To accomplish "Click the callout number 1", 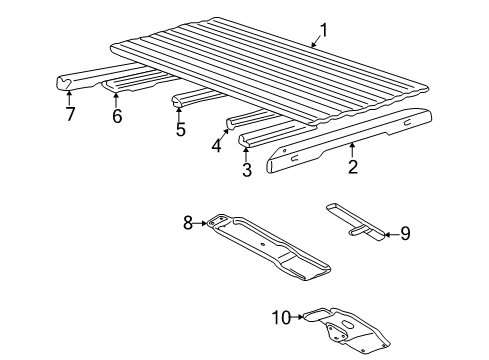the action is point(323,31).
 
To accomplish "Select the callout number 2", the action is point(353,166).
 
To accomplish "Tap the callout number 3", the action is point(247,169).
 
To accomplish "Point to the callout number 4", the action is point(216,145).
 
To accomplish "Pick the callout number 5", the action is point(180,129).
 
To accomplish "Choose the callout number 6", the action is point(117,116).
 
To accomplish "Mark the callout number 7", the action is point(70,114).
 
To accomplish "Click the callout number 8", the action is point(188,223).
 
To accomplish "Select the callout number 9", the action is point(405,234).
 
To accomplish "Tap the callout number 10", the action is point(282,317).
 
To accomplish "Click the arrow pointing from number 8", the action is point(200,223).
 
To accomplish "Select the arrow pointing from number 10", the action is point(297,317).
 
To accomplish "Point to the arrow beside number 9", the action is point(392,235).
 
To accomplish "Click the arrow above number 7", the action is point(69,98).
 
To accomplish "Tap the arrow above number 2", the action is point(352,149).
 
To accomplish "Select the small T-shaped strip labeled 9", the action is point(355,222).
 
